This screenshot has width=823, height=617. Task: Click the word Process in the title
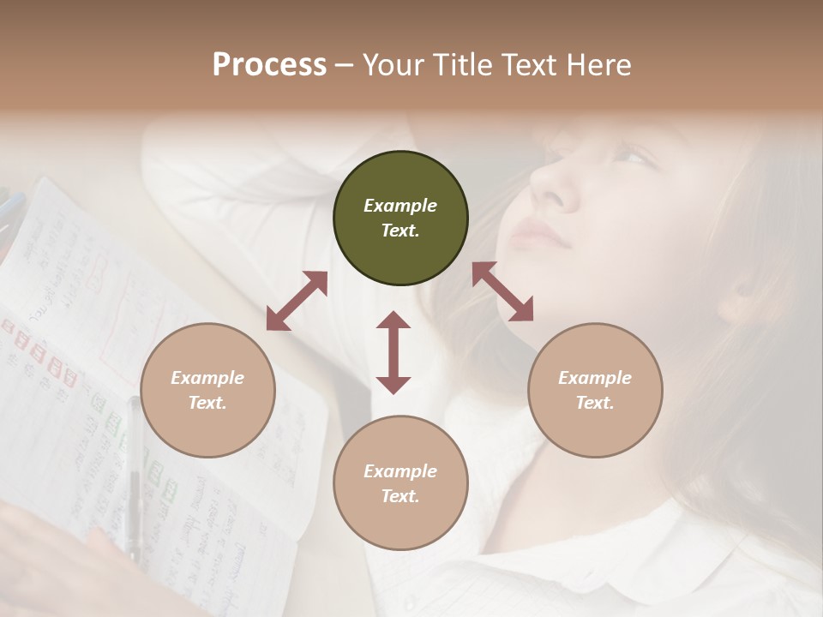pos(269,65)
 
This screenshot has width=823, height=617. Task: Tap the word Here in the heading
pos(598,65)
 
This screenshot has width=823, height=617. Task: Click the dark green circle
pos(400,219)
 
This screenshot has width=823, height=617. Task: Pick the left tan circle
pos(207,390)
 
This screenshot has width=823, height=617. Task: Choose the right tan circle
pos(595,390)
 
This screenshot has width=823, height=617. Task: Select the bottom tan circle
pos(400,483)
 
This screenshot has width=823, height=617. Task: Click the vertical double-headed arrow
pos(393,352)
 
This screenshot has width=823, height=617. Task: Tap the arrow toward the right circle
pos(502,291)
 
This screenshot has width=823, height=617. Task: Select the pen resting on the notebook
pos(134,480)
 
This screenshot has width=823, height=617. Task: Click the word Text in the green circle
pos(399,231)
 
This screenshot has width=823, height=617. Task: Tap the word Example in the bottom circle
pos(400,471)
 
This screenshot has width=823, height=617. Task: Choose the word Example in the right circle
pos(595,378)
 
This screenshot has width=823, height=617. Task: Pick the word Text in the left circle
pos(207,403)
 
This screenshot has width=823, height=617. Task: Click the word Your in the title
pos(390,65)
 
